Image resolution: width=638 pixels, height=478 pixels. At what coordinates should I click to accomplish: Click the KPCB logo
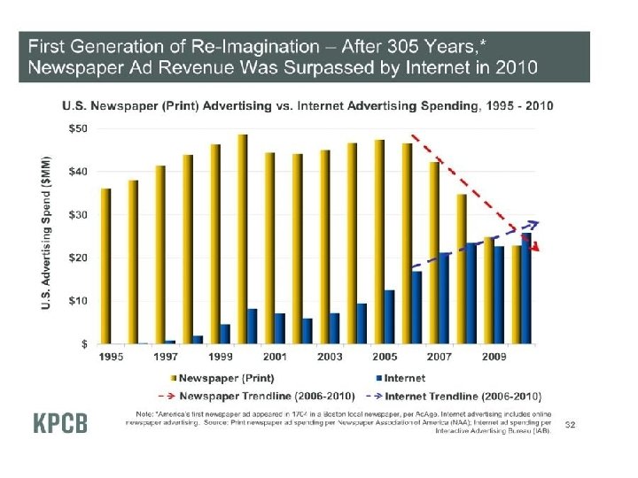[61, 423]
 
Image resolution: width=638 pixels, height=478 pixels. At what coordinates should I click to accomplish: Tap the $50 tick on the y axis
[78, 128]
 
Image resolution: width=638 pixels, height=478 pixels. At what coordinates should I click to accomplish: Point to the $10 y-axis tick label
[78, 300]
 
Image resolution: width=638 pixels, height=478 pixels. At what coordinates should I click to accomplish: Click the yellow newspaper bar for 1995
[105, 266]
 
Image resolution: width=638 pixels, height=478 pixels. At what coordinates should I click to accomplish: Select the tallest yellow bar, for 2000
[242, 239]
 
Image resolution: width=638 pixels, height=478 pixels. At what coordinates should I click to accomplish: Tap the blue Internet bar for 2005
[389, 316]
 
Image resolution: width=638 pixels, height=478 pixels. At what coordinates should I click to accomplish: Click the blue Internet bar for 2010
[526, 288]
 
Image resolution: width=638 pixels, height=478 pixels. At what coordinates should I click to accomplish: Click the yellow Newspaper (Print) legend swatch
[171, 378]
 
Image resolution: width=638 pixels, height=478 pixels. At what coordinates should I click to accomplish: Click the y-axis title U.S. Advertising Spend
[45, 235]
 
